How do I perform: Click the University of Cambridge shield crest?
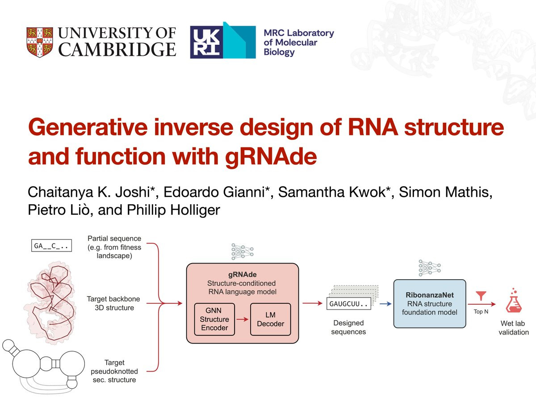40,42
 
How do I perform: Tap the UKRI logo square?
206,42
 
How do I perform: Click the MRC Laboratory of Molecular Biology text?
299,42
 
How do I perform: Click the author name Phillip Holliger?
173,210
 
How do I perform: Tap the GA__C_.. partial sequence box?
51,246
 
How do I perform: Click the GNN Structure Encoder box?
214,319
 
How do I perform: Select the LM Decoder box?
271,319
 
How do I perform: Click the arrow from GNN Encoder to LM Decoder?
243,319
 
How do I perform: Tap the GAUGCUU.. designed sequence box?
349,304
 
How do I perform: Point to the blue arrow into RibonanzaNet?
386,304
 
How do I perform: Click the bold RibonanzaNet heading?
430,295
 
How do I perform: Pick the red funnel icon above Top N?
481,295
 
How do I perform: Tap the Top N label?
481,312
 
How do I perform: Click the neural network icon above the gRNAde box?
242,251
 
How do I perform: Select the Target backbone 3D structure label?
114,303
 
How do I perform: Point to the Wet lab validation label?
513,328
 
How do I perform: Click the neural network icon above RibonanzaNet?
430,268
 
